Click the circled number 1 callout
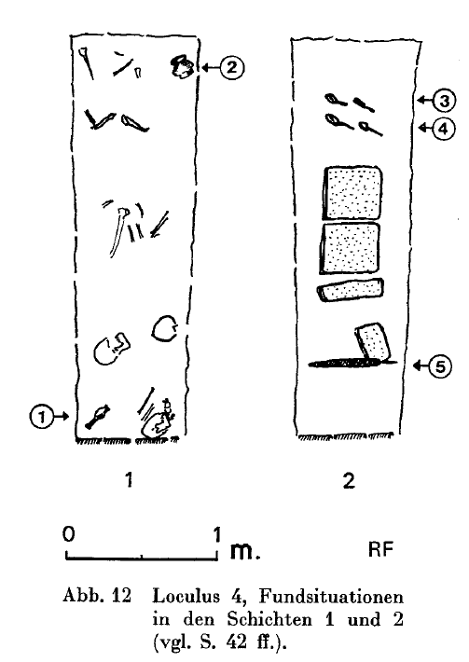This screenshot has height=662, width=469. pos(41,417)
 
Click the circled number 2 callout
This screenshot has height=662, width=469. pos(232,67)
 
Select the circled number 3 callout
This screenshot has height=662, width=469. pos(444,101)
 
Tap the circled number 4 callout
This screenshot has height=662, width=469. pos(443,128)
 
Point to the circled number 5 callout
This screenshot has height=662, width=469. pos(440,366)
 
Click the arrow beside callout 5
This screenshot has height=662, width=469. pos(421,366)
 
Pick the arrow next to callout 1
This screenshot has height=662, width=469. pos(62,417)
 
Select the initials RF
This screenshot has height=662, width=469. pos(380,549)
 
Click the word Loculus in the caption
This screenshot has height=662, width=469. pos(186,597)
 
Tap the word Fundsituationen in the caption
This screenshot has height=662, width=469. pos(331,597)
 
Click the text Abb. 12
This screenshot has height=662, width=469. pos(97,596)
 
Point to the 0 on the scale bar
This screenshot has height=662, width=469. pos(68,534)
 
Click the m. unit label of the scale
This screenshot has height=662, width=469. pos(245,550)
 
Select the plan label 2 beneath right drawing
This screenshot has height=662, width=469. pos(349,480)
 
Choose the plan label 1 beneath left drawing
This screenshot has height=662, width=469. pos(130,479)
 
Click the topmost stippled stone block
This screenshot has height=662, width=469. pos(352,193)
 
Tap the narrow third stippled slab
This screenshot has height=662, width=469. pos(351,290)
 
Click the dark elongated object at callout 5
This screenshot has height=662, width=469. pos(347,363)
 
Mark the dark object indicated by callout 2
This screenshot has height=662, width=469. pos(182,67)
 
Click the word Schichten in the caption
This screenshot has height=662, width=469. pos(269,619)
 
